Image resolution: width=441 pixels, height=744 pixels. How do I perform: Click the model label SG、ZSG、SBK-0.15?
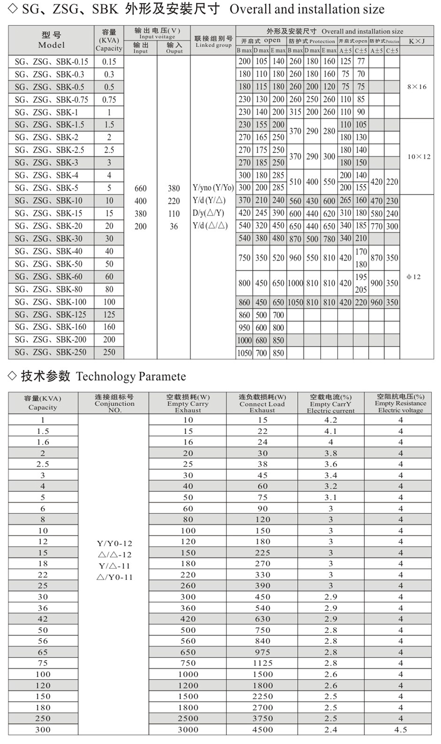[x=51, y=62]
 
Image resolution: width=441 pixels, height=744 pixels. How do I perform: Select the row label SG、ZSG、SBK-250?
[x=51, y=352]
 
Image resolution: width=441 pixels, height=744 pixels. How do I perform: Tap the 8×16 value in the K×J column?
[x=417, y=87]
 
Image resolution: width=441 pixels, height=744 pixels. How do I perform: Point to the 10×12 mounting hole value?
[x=419, y=157]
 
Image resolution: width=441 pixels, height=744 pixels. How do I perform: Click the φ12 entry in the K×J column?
[x=414, y=277]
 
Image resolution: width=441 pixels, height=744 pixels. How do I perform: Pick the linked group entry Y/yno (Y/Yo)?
[x=213, y=188]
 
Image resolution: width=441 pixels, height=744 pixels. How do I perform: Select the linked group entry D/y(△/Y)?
[x=209, y=213]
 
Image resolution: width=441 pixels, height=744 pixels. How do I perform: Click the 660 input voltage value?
[x=141, y=188]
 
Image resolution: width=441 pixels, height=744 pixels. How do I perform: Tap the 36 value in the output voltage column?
[x=174, y=226]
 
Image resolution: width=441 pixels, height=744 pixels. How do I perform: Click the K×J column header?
[x=417, y=41]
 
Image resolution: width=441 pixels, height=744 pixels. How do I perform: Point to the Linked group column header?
[x=213, y=41]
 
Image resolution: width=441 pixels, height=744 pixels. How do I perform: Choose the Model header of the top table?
[x=52, y=40]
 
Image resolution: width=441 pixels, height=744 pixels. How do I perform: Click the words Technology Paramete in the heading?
[x=131, y=377]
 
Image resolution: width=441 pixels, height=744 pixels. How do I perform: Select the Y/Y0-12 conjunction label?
[x=115, y=543]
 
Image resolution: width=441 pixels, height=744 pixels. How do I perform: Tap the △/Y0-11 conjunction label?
[x=115, y=577]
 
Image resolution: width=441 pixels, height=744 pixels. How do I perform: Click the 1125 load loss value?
[x=262, y=663]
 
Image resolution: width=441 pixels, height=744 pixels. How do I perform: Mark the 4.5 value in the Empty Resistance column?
[x=400, y=729]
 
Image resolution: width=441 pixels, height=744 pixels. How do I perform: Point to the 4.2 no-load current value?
[x=331, y=420]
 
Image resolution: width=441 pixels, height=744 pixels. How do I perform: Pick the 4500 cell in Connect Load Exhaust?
[x=262, y=729]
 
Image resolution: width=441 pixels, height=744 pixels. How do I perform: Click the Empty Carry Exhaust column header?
[x=188, y=403]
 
